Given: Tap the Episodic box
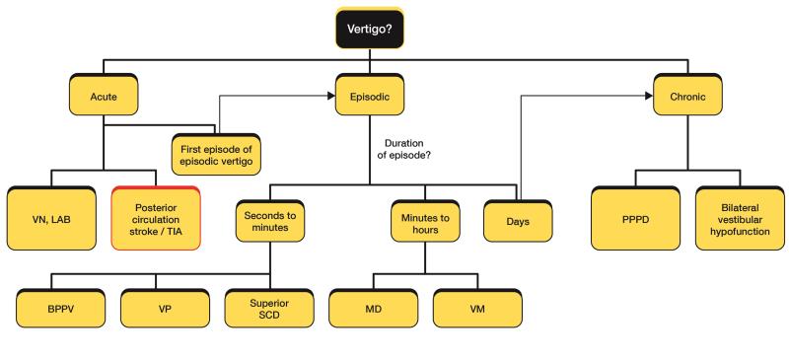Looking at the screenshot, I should pos(370,98).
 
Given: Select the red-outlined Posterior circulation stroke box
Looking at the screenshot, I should pos(156,217).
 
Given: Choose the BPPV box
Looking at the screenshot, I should pos(56,308).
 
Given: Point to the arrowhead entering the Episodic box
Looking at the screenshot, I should pos(332,97).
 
